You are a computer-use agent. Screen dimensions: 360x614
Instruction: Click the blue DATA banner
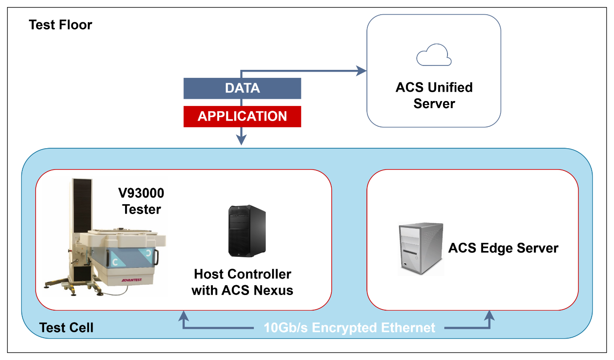click(x=242, y=88)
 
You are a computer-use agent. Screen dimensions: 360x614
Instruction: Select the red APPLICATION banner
click(x=242, y=117)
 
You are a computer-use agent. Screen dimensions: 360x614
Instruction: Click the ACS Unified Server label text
click(x=434, y=95)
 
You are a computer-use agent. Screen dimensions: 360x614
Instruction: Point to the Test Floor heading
click(x=60, y=24)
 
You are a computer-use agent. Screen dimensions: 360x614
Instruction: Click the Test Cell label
click(x=66, y=328)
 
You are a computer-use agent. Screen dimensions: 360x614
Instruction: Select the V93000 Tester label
click(x=141, y=201)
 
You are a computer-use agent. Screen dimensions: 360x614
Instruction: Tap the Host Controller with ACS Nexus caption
click(x=242, y=282)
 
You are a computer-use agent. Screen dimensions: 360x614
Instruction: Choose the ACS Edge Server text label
click(x=503, y=248)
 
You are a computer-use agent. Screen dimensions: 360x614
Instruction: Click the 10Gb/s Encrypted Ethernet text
click(x=350, y=328)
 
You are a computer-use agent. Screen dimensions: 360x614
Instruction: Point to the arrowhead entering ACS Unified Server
click(x=362, y=70)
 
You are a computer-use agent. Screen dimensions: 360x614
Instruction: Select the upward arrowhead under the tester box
click(x=183, y=316)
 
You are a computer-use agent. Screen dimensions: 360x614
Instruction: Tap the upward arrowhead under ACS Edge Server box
click(x=490, y=316)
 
